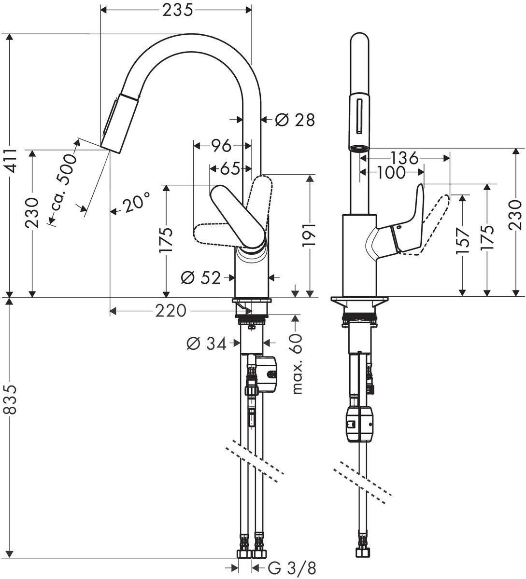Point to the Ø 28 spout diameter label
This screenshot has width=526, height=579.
[295, 119]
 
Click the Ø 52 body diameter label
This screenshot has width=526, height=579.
[200, 277]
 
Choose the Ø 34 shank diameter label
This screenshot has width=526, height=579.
[206, 343]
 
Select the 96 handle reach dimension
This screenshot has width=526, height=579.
[222, 145]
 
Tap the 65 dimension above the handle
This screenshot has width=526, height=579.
[230, 169]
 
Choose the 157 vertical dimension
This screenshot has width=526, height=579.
[462, 240]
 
